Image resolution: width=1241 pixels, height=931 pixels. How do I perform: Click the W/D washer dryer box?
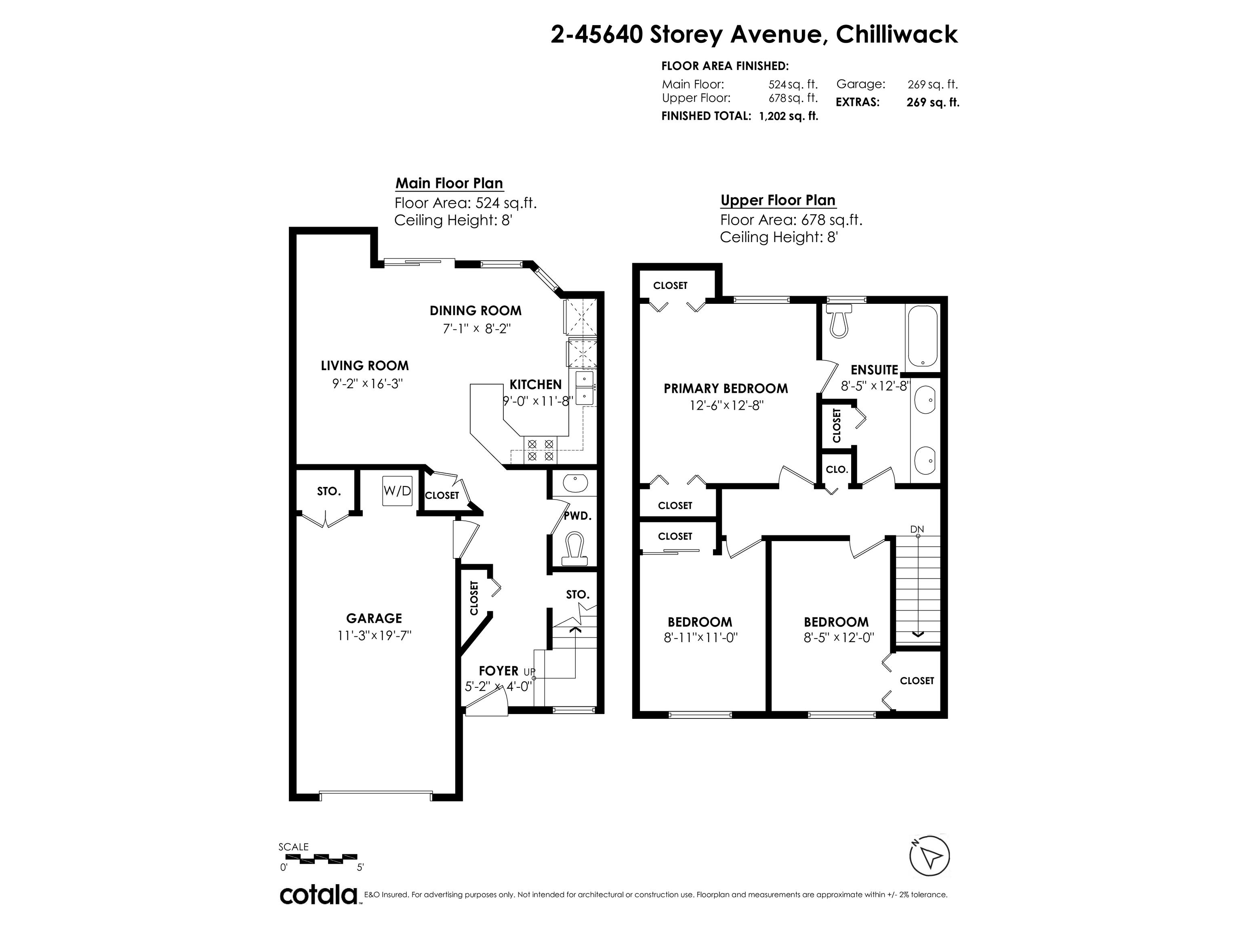tap(397, 491)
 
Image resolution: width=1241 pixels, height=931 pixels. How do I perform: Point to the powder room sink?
tap(573, 482)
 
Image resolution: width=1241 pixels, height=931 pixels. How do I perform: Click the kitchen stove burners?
tap(540, 450)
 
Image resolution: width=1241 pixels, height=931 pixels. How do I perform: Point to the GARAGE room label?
tap(374, 618)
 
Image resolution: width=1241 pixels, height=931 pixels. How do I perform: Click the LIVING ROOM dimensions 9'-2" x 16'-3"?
tap(368, 384)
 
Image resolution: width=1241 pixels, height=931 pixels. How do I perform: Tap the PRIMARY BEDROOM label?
tap(726, 388)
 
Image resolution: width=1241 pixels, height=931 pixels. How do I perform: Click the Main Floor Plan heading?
tap(449, 183)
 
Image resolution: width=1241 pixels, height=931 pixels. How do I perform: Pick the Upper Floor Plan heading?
tap(778, 200)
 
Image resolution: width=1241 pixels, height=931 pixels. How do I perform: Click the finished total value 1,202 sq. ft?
tap(788, 116)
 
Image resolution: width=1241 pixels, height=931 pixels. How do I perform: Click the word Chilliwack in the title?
tap(896, 34)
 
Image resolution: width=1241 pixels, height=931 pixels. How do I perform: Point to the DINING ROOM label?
tap(476, 311)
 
